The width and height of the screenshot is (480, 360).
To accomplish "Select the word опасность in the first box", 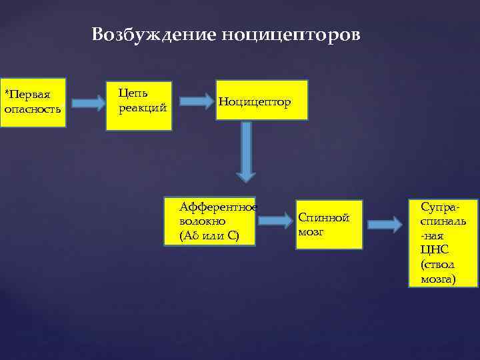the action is (x=32, y=108).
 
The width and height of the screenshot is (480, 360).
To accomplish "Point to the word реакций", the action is (x=142, y=108).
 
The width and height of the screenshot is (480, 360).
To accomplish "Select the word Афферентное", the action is (x=218, y=207).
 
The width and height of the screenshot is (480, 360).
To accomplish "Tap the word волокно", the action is (x=203, y=221).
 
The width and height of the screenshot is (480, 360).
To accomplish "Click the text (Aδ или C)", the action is (x=209, y=236).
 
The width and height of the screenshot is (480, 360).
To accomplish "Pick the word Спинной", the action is (x=324, y=217).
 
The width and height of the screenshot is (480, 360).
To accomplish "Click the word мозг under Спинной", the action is (x=311, y=232).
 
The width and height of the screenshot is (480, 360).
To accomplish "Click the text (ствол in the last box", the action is (x=437, y=264).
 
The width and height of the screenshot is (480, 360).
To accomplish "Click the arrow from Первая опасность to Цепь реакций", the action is (x=88, y=103).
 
